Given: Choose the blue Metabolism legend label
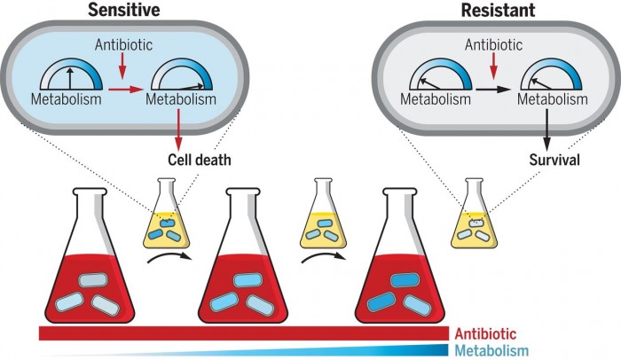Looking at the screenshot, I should [x=491, y=350].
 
